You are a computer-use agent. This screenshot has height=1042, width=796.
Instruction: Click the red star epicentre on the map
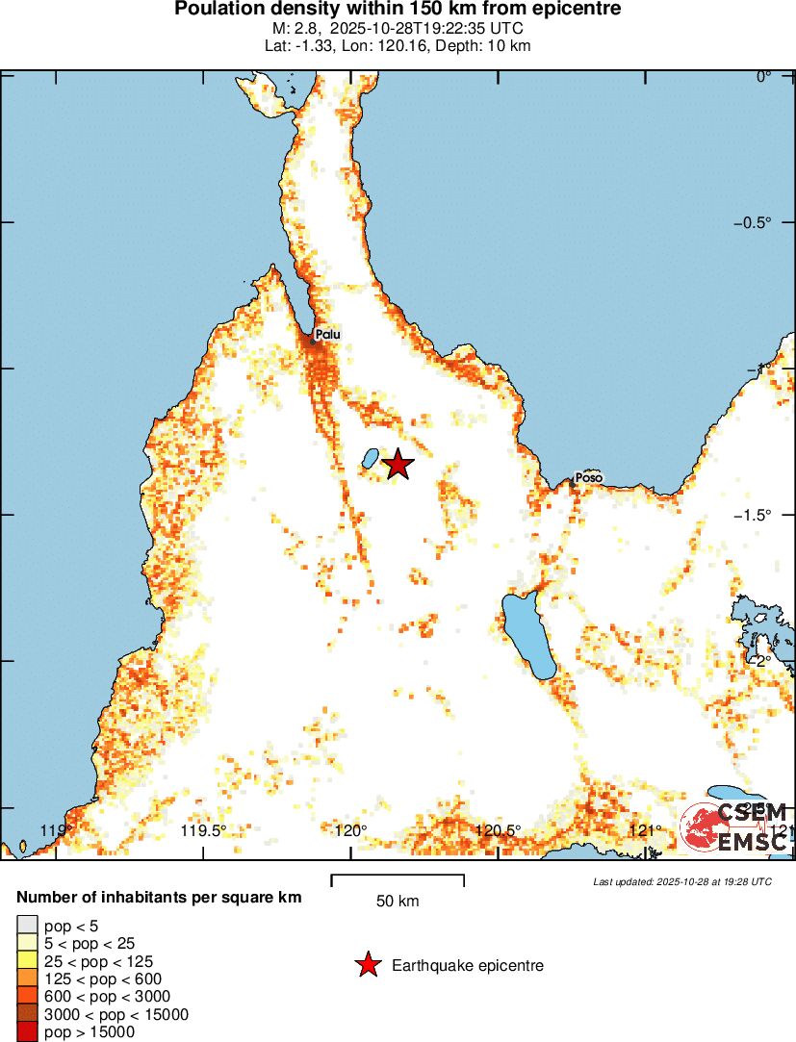[x=398, y=464]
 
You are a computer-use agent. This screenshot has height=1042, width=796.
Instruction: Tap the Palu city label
[x=327, y=335]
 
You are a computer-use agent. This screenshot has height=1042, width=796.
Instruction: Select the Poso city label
[x=588, y=477]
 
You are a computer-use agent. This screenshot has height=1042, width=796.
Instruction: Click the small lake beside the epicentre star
[x=369, y=459]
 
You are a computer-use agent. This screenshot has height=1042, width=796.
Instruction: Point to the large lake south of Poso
[x=526, y=635]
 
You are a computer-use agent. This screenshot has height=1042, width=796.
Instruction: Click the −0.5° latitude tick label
[x=752, y=222]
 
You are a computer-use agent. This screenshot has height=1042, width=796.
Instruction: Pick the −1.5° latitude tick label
[x=752, y=515]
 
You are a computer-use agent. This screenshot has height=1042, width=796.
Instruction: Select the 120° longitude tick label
[x=350, y=831]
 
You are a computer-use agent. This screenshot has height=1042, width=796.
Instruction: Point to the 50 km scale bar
[x=398, y=879]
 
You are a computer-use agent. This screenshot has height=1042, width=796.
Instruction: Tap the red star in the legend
[x=367, y=965]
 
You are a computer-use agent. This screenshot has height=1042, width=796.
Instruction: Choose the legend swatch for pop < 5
[x=27, y=926]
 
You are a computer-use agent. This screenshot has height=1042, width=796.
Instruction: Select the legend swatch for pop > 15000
[x=27, y=1032]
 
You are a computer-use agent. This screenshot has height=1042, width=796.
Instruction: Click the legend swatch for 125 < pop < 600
[x=27, y=978]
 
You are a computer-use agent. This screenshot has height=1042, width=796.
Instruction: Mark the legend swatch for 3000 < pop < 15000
[x=27, y=1014]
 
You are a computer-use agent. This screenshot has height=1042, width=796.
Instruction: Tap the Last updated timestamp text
[x=681, y=881]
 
